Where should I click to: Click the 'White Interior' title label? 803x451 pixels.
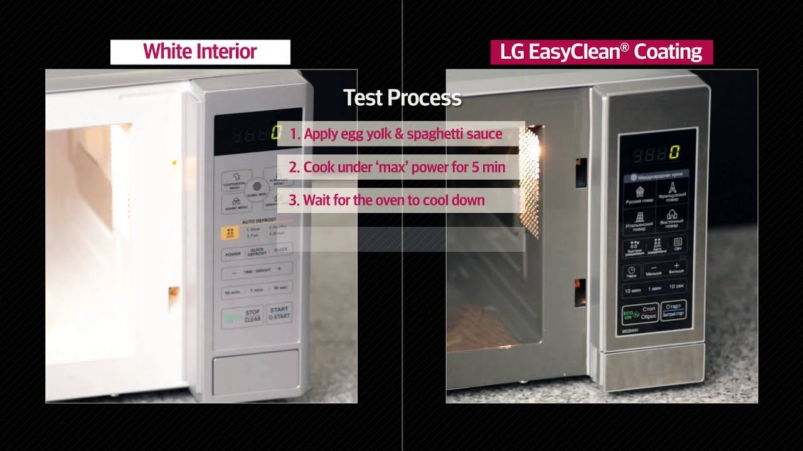click(200, 52)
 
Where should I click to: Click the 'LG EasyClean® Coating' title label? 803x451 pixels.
click(601, 52)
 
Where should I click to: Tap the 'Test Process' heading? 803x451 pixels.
click(402, 98)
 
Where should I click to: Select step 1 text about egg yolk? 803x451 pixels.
click(396, 134)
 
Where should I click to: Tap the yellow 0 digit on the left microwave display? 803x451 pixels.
click(275, 133)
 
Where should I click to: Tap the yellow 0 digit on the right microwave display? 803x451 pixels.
click(674, 152)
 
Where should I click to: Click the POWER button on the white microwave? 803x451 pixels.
click(233, 254)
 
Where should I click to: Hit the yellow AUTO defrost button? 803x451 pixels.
click(230, 234)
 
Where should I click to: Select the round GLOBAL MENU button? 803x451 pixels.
click(257, 187)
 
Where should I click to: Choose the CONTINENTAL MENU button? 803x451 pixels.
click(236, 181)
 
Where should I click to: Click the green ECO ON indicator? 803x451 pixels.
click(630, 314)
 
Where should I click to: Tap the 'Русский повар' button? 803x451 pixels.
click(639, 195)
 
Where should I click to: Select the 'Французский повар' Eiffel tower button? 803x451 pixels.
click(672, 191)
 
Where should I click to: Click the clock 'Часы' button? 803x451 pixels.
click(631, 272)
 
